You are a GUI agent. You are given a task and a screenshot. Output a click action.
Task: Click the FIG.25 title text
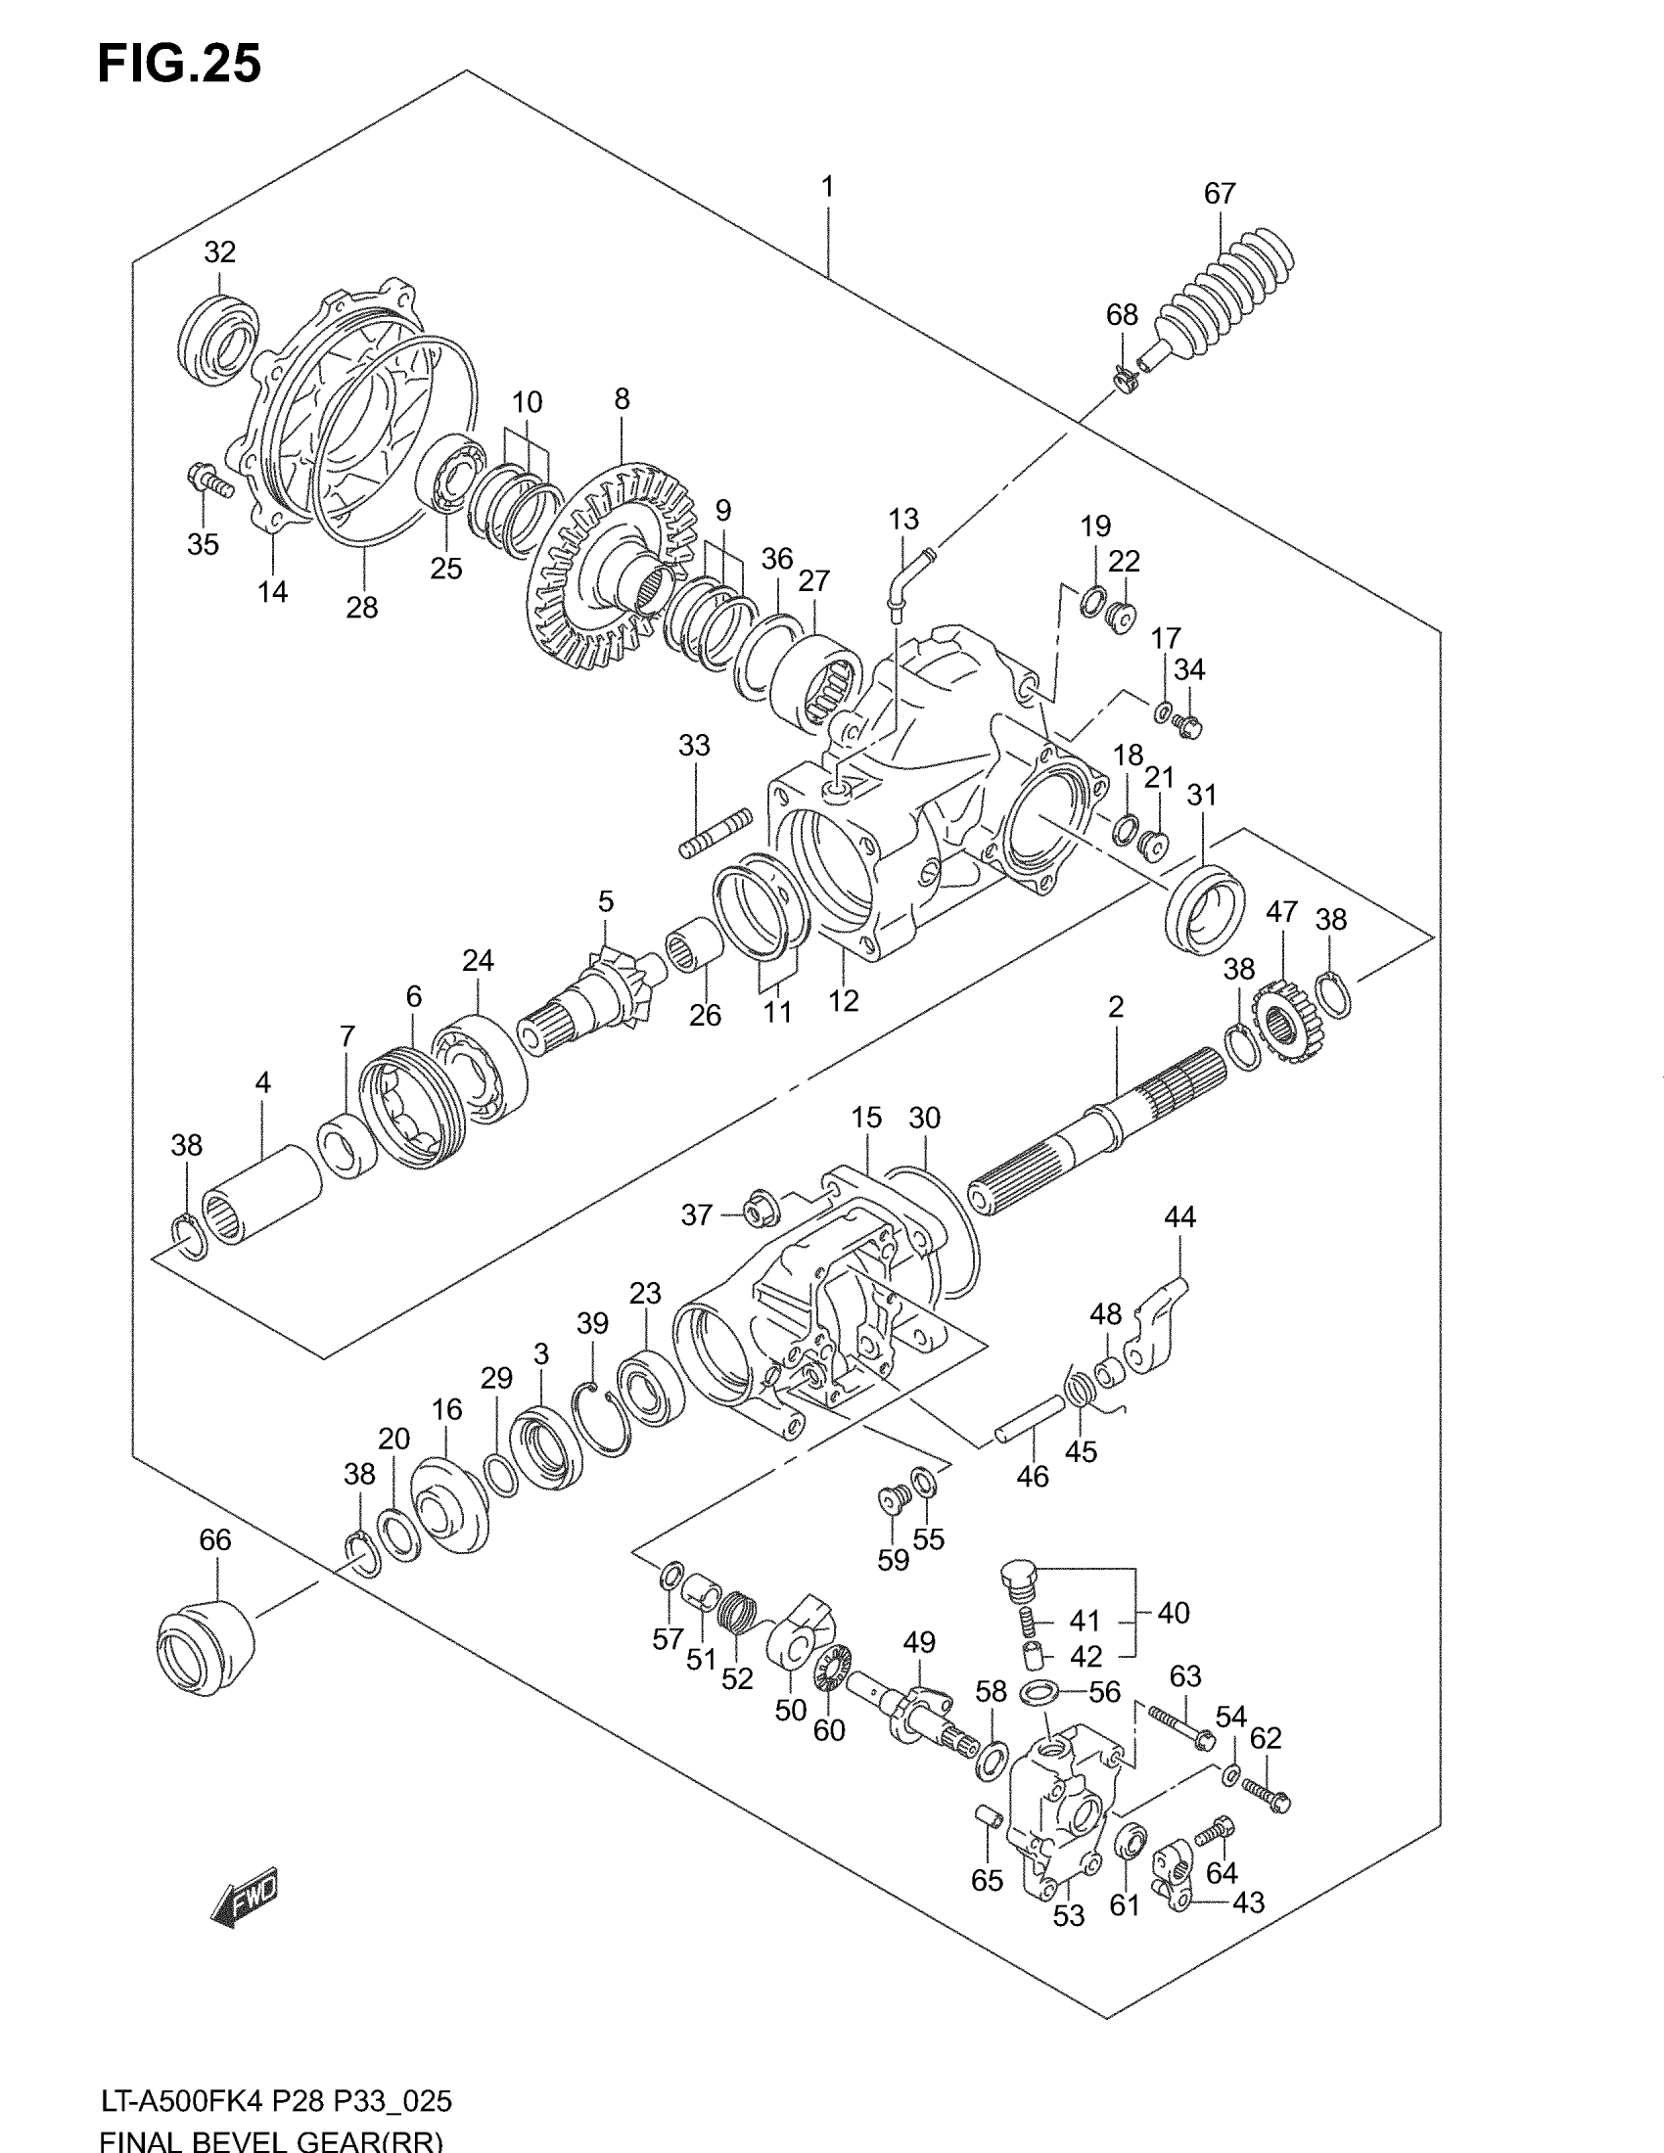click(x=179, y=64)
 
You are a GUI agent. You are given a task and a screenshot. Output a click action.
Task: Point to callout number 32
click(x=220, y=252)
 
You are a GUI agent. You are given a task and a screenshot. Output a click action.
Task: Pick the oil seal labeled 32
click(x=220, y=339)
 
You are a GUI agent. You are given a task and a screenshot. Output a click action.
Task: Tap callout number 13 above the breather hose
click(x=903, y=520)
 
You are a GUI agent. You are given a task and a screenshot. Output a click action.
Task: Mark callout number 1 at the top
click(x=828, y=186)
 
